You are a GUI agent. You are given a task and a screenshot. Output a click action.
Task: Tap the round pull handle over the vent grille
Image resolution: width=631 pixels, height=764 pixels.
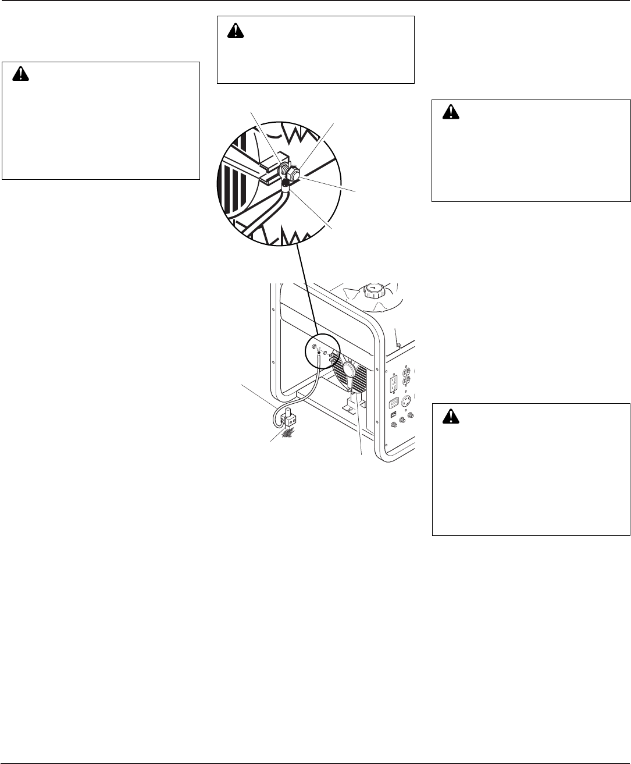pos(351,369)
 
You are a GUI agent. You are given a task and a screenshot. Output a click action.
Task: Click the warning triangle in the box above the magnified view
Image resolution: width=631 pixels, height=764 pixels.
pos(235,32)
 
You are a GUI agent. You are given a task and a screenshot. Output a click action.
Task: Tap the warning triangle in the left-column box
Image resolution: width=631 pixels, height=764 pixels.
pos(21,74)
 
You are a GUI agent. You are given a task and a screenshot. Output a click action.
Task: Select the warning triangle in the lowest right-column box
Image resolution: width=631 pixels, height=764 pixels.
pos(450,416)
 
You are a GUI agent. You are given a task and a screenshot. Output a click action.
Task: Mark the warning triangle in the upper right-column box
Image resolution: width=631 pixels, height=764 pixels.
pos(451,112)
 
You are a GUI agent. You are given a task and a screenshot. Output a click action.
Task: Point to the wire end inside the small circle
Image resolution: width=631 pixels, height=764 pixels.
pos(318,352)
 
